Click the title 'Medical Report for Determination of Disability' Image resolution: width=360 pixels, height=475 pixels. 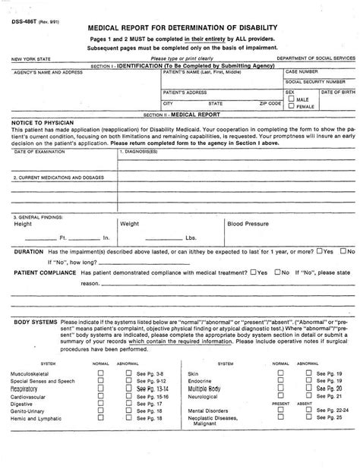[x=179, y=27]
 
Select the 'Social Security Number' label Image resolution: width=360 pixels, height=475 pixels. [x=315, y=80]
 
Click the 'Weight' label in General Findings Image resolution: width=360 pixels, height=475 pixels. [x=130, y=225]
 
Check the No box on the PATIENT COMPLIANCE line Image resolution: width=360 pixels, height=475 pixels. [x=279, y=272]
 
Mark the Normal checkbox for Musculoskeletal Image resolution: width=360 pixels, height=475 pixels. [x=102, y=374]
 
